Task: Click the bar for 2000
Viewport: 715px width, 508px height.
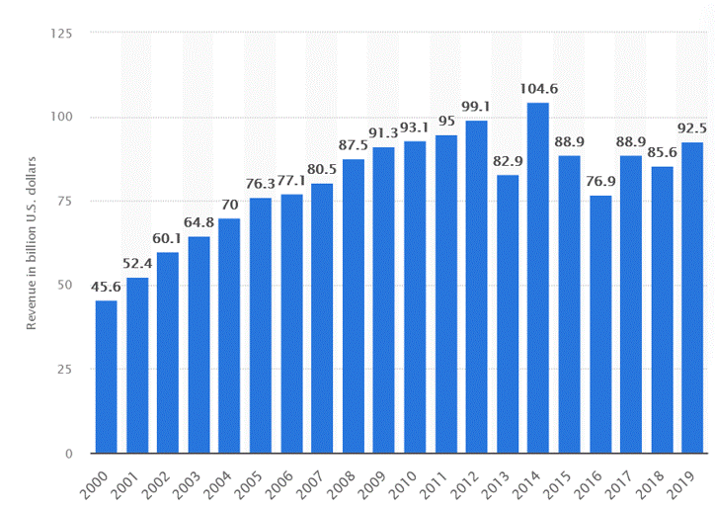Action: tap(106, 377)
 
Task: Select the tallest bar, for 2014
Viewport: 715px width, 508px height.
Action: tap(537, 278)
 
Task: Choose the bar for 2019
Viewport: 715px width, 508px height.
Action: tap(691, 297)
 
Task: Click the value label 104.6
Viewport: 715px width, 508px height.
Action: tap(537, 89)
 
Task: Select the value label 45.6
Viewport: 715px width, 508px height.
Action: tap(106, 287)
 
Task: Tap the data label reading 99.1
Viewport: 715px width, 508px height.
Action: tap(476, 107)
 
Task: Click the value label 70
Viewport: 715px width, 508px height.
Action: tap(229, 205)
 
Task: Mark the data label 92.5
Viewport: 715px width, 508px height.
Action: tap(691, 128)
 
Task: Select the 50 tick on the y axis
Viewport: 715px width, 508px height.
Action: tap(65, 286)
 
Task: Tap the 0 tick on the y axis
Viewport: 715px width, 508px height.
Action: tap(69, 454)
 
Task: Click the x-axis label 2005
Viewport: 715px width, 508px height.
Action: tap(254, 483)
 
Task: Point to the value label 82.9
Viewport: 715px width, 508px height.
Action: tap(507, 161)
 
